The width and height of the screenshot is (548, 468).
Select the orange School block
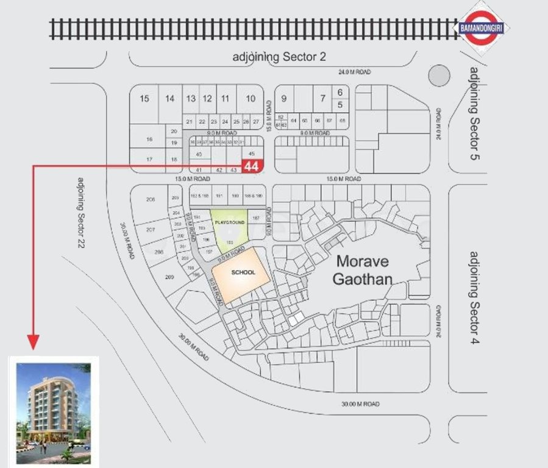click(240, 274)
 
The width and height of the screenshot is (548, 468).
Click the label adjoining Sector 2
click(280, 57)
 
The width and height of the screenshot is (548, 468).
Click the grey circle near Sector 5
click(439, 77)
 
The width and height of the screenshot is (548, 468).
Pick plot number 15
click(144, 99)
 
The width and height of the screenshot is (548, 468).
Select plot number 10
click(250, 99)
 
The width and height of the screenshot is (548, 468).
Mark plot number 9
click(283, 99)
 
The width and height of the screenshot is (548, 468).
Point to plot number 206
click(151, 200)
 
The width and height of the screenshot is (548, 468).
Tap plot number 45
click(252, 154)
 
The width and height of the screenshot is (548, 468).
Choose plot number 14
click(170, 99)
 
